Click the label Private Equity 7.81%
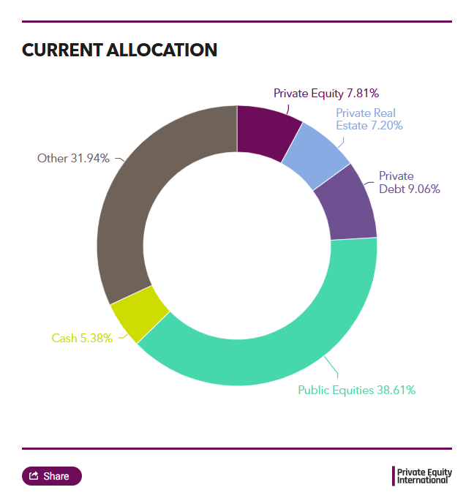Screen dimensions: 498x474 (326, 93)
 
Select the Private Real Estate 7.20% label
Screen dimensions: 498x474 (369, 119)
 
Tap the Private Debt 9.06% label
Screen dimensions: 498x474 (399, 182)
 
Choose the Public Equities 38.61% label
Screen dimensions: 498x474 (356, 390)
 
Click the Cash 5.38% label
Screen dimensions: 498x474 (82, 338)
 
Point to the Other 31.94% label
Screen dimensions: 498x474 (73, 158)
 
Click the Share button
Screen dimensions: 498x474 (52, 476)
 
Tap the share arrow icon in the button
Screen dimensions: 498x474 (34, 476)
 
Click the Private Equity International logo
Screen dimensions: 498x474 (423, 476)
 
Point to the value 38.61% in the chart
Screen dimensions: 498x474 (396, 390)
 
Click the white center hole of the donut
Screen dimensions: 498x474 (237, 246)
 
